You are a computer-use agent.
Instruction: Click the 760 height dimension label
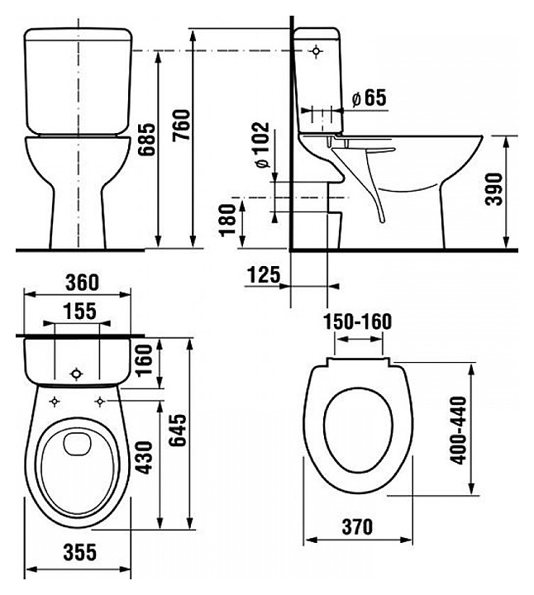pos(181,125)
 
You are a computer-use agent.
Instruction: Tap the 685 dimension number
pos(146,140)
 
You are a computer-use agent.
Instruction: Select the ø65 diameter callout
pos(368,98)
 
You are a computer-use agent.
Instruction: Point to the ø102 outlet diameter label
pos(262,145)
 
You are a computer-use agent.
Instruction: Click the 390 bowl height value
pos(494,189)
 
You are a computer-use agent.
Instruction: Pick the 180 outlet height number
pos(228,220)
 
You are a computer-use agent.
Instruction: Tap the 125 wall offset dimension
pos(264,274)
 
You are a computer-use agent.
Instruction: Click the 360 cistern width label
pos(82,283)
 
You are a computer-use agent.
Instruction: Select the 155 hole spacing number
pos(79,312)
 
